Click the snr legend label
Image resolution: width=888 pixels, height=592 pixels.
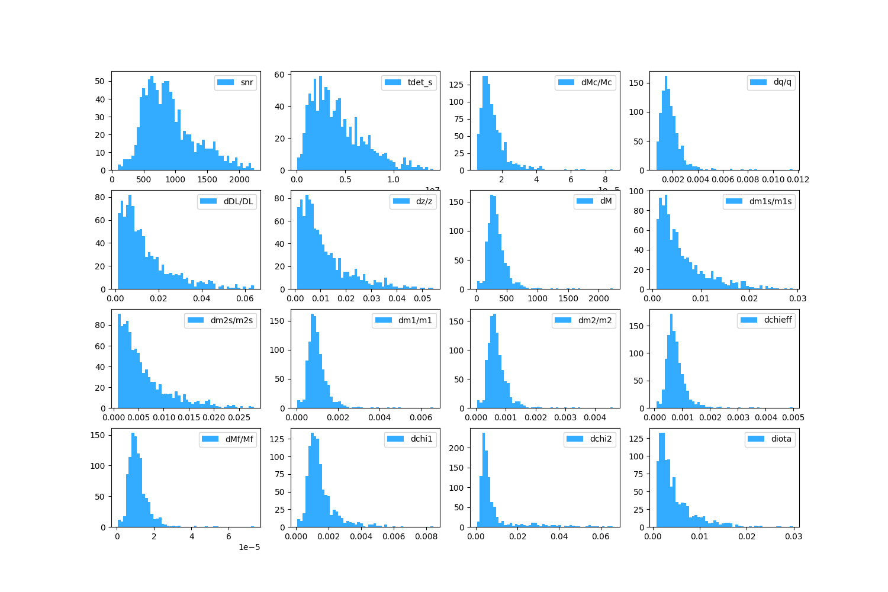coord(247,82)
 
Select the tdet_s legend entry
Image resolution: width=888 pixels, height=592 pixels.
coord(420,82)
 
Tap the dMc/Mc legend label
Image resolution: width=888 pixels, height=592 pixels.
coord(596,82)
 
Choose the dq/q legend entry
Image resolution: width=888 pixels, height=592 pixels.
coord(782,82)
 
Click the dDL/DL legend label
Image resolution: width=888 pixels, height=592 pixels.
coord(238,201)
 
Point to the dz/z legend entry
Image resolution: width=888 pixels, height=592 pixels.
coord(424,201)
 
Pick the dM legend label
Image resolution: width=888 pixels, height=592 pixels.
coord(606,201)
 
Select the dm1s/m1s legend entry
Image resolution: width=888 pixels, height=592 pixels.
coord(770,201)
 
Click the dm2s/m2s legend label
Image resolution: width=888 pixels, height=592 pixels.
coord(231,320)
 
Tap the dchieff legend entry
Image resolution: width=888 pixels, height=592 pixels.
coord(778,320)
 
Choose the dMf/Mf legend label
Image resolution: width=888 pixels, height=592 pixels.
coord(239,439)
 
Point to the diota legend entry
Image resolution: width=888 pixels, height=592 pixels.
coord(781,439)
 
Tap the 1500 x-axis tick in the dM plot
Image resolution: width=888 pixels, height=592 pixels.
coord(568,298)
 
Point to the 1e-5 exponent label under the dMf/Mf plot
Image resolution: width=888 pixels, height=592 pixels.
coord(249,547)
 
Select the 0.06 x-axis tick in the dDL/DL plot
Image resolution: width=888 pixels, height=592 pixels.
coord(245,298)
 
